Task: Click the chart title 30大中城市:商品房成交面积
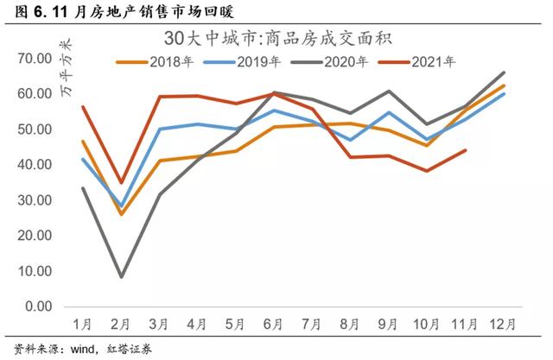(x=286, y=40)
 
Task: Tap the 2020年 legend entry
(x=345, y=61)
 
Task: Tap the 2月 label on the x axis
(x=121, y=324)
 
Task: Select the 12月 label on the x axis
(x=504, y=324)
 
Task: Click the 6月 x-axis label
(x=274, y=324)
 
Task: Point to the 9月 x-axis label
(x=390, y=324)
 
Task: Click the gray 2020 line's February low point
(x=121, y=276)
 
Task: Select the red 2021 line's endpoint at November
(x=467, y=150)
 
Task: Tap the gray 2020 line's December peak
(x=505, y=73)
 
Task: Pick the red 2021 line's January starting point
(x=83, y=106)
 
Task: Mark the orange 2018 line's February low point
(x=121, y=214)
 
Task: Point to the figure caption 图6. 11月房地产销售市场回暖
(x=121, y=10)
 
